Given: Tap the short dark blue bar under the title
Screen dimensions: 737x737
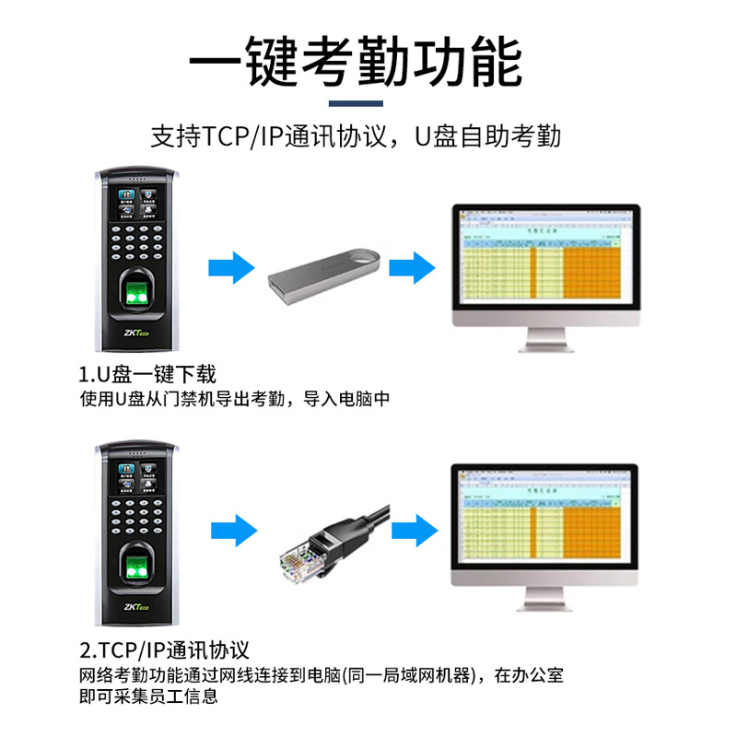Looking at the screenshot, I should coord(356,102).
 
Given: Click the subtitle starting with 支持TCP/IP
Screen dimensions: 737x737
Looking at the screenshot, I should coord(356,137).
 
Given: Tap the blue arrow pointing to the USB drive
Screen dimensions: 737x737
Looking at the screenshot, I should coord(231,269).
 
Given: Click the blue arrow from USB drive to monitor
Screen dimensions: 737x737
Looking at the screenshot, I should coord(411,269).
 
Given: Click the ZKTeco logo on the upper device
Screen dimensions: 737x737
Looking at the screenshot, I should coord(136,334).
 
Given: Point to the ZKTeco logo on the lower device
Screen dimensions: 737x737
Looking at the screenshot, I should coord(136,608).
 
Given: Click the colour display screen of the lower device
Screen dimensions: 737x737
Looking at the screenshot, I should coord(136,476).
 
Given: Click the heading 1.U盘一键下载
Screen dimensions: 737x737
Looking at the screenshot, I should coord(147,375).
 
